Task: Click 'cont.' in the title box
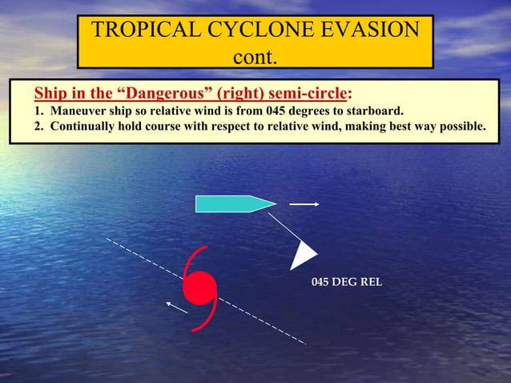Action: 255,58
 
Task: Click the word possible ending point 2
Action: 461,127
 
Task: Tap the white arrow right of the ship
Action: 304,204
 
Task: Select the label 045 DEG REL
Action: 346,283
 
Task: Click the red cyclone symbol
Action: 199,287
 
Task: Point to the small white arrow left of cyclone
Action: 176,306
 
